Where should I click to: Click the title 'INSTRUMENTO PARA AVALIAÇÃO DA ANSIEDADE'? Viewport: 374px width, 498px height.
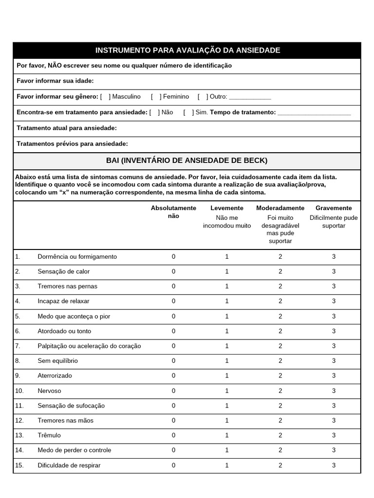coord(187,51)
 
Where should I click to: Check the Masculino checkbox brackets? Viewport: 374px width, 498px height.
coord(106,97)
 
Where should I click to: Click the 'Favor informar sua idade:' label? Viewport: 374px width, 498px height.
coord(55,81)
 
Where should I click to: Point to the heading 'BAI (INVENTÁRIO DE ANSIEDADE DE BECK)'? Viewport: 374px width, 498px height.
coord(187,160)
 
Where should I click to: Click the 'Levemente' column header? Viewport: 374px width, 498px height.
coord(227,208)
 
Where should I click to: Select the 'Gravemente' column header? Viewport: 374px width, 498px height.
coord(334,208)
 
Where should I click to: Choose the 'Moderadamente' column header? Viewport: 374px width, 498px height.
coord(280,208)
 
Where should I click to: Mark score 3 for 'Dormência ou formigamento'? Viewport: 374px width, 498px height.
coord(334,257)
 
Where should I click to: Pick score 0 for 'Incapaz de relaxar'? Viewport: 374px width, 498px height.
coord(173,302)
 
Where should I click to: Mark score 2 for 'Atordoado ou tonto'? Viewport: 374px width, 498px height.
coord(280,331)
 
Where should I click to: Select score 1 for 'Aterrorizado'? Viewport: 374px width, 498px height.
coord(227,376)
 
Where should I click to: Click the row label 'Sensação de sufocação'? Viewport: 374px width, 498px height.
coord(71,406)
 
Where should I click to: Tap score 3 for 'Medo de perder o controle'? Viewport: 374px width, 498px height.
coord(334,450)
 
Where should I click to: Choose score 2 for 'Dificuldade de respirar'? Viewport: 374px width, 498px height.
coord(280,465)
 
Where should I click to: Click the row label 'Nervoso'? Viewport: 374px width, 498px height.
coord(49,391)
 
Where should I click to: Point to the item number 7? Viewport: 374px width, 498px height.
coord(18,346)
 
